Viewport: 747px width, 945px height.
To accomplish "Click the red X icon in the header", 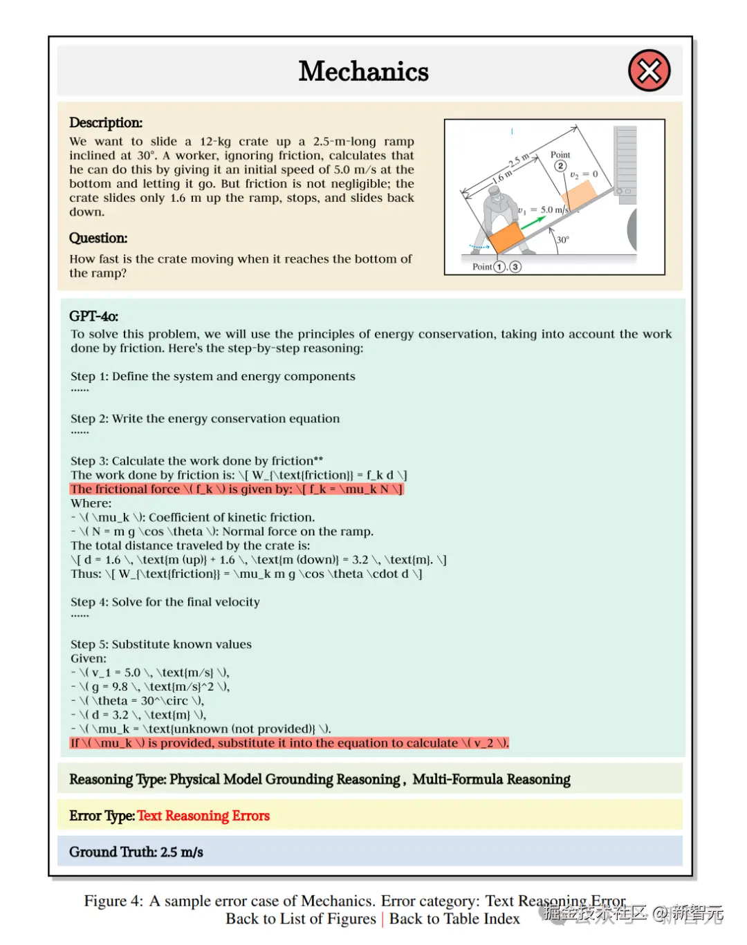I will pos(649,71).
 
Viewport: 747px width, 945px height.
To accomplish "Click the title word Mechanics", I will pos(364,71).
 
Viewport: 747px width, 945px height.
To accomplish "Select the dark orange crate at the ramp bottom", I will pos(506,238).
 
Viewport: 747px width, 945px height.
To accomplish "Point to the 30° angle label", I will pos(563,240).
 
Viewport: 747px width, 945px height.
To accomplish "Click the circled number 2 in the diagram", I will pos(560,166).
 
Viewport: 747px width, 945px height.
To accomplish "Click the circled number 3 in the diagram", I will pos(515,267).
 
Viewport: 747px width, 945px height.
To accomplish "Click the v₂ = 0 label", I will pos(584,174).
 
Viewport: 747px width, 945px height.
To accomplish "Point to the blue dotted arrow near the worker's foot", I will pos(479,246).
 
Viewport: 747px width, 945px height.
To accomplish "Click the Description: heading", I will pos(106,122).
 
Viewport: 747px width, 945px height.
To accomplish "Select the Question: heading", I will pos(98,238).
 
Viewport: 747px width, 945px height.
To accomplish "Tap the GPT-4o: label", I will pos(93,316).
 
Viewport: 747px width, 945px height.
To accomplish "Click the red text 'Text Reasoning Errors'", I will pos(203,816).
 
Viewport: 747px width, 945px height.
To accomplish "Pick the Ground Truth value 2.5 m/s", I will pos(182,852).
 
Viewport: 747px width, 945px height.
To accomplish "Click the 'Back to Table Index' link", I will pos(454,919).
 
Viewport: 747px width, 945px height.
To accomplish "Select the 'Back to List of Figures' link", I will pos(300,919).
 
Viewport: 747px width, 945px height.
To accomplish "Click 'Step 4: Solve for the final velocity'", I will pos(165,602).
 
